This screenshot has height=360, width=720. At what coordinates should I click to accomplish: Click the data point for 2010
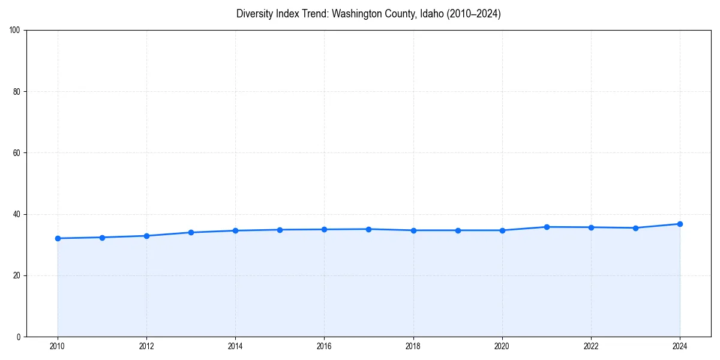58,238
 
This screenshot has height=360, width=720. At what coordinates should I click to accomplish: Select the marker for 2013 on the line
191,232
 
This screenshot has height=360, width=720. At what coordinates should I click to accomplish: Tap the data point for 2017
368,229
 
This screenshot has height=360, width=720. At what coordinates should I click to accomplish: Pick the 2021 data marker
547,227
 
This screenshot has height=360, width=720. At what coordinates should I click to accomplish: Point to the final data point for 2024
680,224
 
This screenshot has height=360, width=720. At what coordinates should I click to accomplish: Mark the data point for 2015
280,230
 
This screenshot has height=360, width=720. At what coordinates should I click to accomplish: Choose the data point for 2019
458,230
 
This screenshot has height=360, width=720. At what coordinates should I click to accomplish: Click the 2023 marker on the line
635,228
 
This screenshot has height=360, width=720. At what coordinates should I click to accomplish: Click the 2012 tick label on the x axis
146,346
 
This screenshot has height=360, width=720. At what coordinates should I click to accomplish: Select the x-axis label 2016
324,346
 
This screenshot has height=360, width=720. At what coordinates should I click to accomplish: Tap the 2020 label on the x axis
502,346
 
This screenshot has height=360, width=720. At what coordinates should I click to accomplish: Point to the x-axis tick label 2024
680,346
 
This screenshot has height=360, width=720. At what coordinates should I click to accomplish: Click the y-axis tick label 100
15,30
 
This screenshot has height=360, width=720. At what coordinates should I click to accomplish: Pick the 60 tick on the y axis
17,153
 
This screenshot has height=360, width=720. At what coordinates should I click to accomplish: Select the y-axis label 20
17,275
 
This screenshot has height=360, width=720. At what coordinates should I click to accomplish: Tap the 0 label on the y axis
19,337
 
